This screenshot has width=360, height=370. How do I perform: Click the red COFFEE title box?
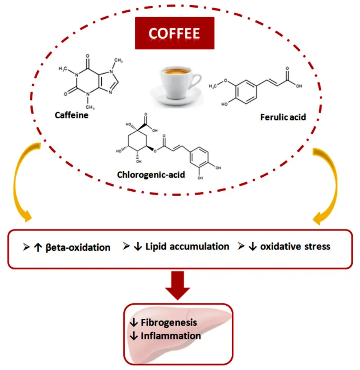pos(174,33)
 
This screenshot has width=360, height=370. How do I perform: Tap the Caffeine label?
pos(72,115)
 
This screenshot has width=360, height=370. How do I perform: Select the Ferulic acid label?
pos(283,117)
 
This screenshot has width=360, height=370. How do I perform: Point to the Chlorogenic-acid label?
pos(151,175)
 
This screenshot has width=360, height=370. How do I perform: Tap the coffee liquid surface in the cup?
pos(176,71)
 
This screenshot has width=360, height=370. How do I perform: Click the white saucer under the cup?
pos(176,96)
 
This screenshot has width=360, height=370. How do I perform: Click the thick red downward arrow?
pos(177,285)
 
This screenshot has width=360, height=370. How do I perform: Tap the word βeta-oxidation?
pos(78,247)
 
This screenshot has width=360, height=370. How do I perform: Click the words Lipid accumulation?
pos(187,247)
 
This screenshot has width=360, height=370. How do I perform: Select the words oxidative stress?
pos(295,247)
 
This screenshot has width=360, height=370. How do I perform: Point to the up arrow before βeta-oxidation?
pos(38,247)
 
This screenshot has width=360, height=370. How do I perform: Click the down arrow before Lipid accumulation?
pos(138,247)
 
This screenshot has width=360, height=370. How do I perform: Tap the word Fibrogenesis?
pos(169,322)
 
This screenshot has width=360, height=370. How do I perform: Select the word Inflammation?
pos(171,336)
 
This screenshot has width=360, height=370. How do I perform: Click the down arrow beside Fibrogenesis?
pos(134,322)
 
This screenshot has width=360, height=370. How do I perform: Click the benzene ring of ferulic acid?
pos(246,92)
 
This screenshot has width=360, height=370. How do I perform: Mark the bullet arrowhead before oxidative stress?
pos(241,246)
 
